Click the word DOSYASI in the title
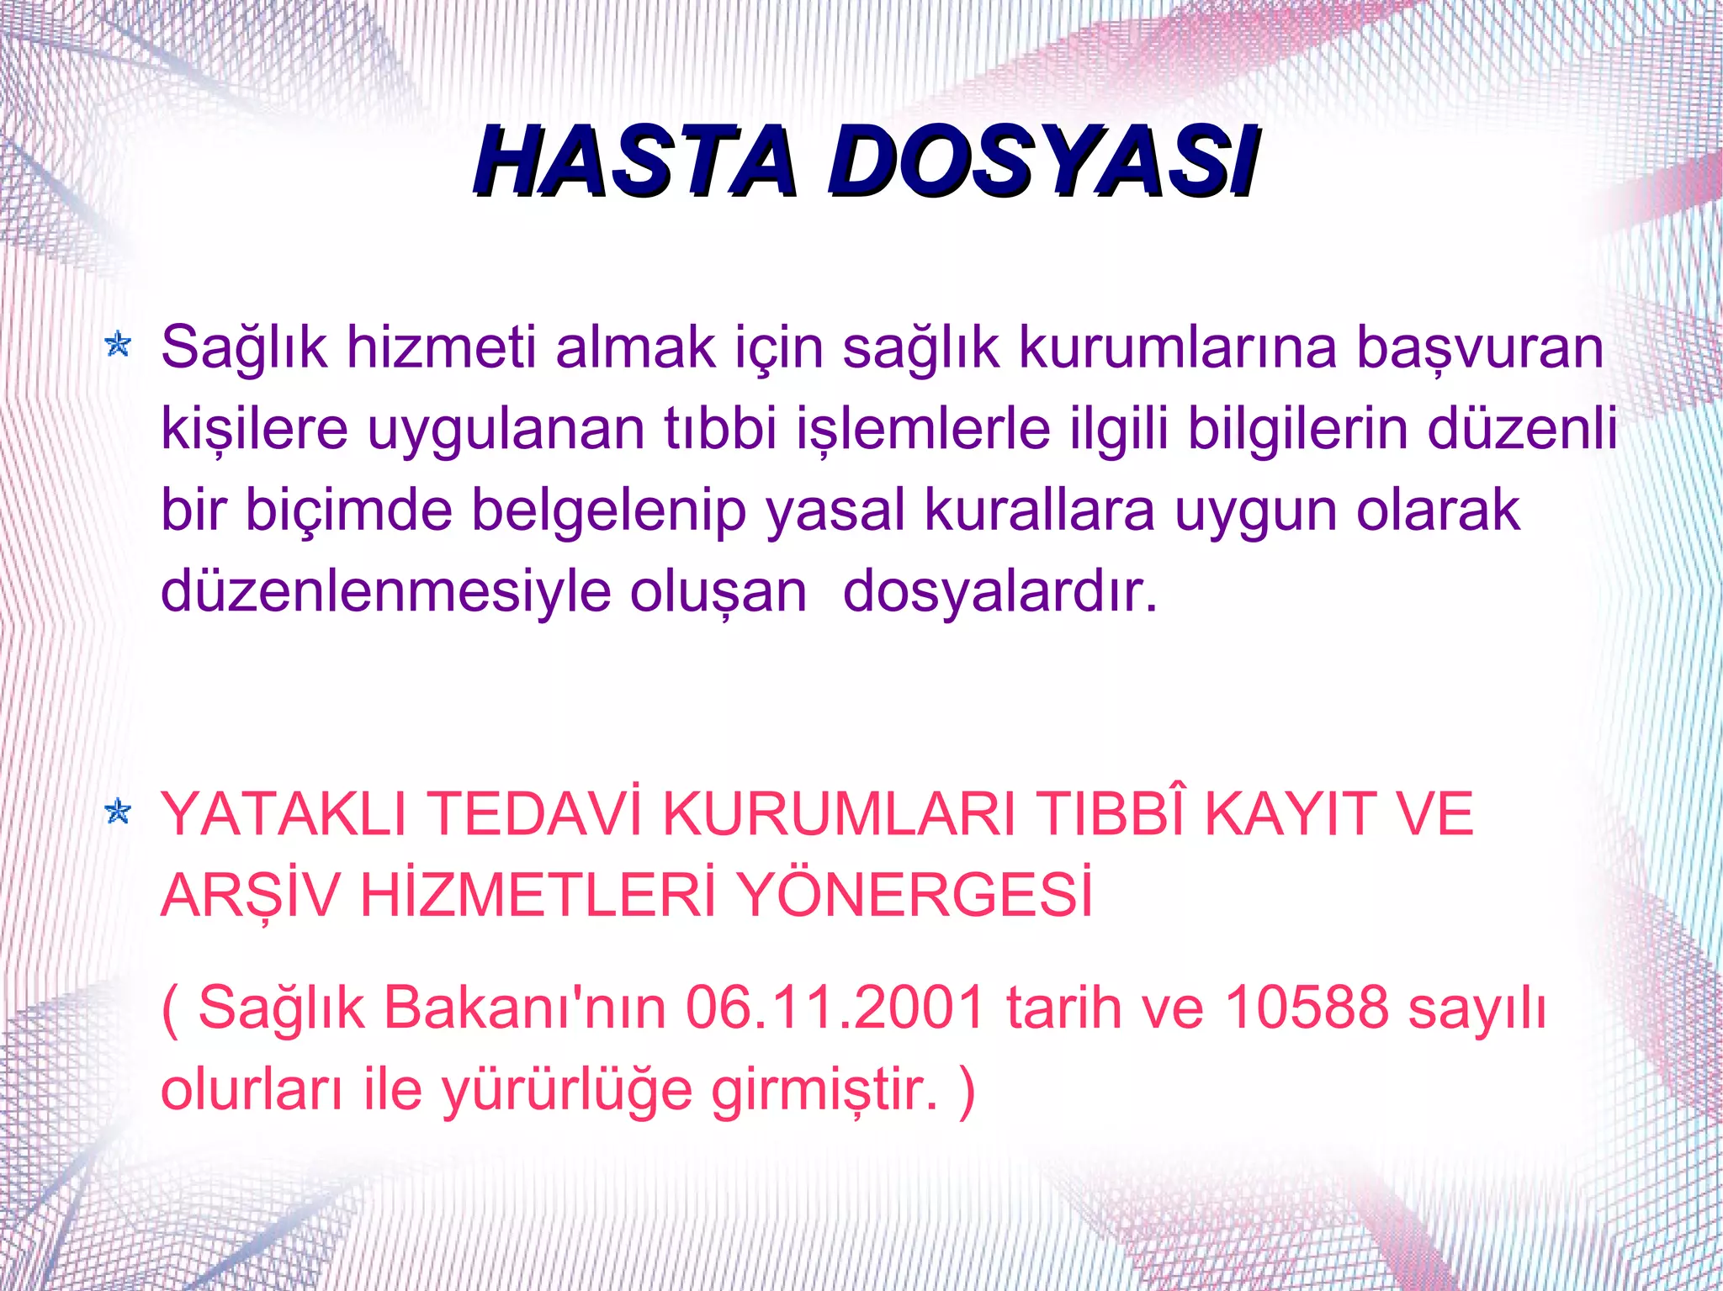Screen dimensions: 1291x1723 (1043, 161)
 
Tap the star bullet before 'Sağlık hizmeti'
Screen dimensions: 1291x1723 (118, 344)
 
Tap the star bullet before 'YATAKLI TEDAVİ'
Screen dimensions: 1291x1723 (118, 812)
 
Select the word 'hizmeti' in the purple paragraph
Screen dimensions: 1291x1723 (441, 347)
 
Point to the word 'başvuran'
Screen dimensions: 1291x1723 (1481, 348)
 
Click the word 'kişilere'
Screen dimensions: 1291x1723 (254, 429)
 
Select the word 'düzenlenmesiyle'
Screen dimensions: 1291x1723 (386, 592)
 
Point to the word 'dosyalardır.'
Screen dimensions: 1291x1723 (1000, 592)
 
